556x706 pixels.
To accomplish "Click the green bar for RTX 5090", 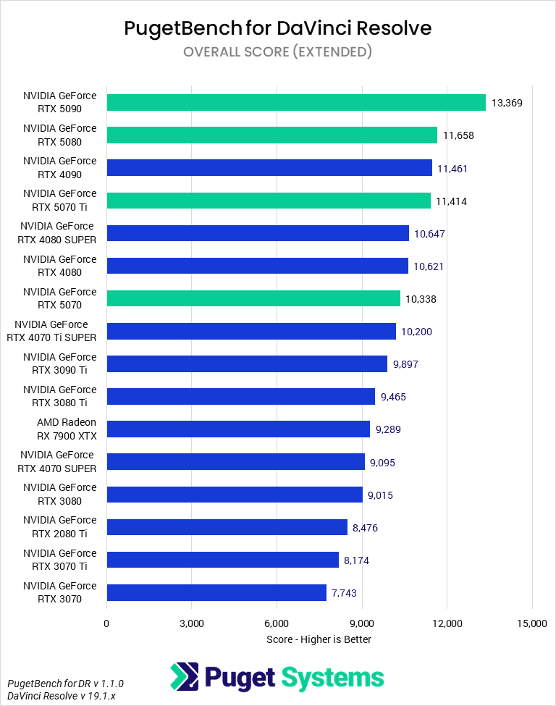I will click(296, 102).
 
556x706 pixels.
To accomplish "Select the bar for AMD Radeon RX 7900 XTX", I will click(238, 429).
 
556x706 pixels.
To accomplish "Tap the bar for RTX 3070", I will click(216, 593).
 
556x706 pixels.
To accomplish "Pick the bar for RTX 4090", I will click(269, 168).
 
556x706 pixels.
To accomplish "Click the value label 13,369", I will click(507, 103).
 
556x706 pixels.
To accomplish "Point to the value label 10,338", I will click(421, 299).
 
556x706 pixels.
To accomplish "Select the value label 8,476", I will click(365, 528).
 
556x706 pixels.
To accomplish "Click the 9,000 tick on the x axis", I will click(362, 623).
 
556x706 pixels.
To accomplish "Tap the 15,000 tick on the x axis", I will click(532, 623).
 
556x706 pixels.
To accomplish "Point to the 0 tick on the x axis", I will click(106, 623).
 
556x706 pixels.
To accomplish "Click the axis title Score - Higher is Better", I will click(319, 639).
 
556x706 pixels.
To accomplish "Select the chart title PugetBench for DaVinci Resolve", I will click(278, 28).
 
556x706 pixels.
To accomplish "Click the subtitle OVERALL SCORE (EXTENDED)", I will click(278, 51).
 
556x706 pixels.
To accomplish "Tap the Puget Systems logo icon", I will click(184, 677).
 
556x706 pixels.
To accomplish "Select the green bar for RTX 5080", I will click(272, 135).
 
